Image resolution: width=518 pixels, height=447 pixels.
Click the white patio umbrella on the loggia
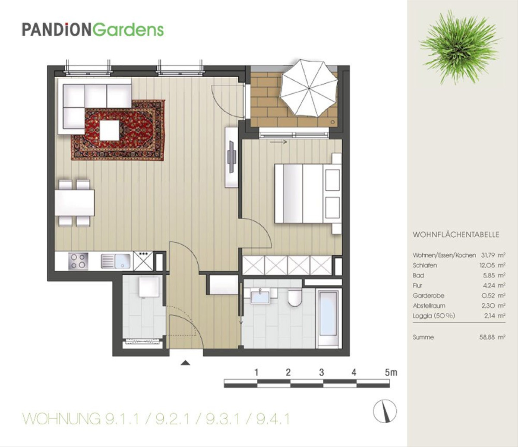click(309, 88)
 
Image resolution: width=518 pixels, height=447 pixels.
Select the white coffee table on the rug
click(110, 130)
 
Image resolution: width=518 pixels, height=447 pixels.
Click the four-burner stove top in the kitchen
click(78, 261)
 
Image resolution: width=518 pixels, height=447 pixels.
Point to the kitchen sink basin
click(122, 261)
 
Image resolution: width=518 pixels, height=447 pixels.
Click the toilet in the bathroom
click(294, 298)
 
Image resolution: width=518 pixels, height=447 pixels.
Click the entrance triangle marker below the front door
click(185, 363)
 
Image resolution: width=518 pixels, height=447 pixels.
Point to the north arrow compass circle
click(385, 411)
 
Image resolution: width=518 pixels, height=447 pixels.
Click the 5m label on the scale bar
click(391, 373)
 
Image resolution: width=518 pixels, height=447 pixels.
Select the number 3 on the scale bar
click(322, 373)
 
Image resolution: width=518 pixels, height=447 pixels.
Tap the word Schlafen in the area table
click(425, 265)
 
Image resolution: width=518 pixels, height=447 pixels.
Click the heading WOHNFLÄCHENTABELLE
click(456, 235)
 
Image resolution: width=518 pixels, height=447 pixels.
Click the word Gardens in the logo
click(128, 30)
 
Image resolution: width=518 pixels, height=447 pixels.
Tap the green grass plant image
click(460, 47)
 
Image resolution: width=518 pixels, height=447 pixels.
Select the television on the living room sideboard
click(231, 157)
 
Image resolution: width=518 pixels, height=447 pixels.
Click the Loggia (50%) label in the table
click(434, 316)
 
